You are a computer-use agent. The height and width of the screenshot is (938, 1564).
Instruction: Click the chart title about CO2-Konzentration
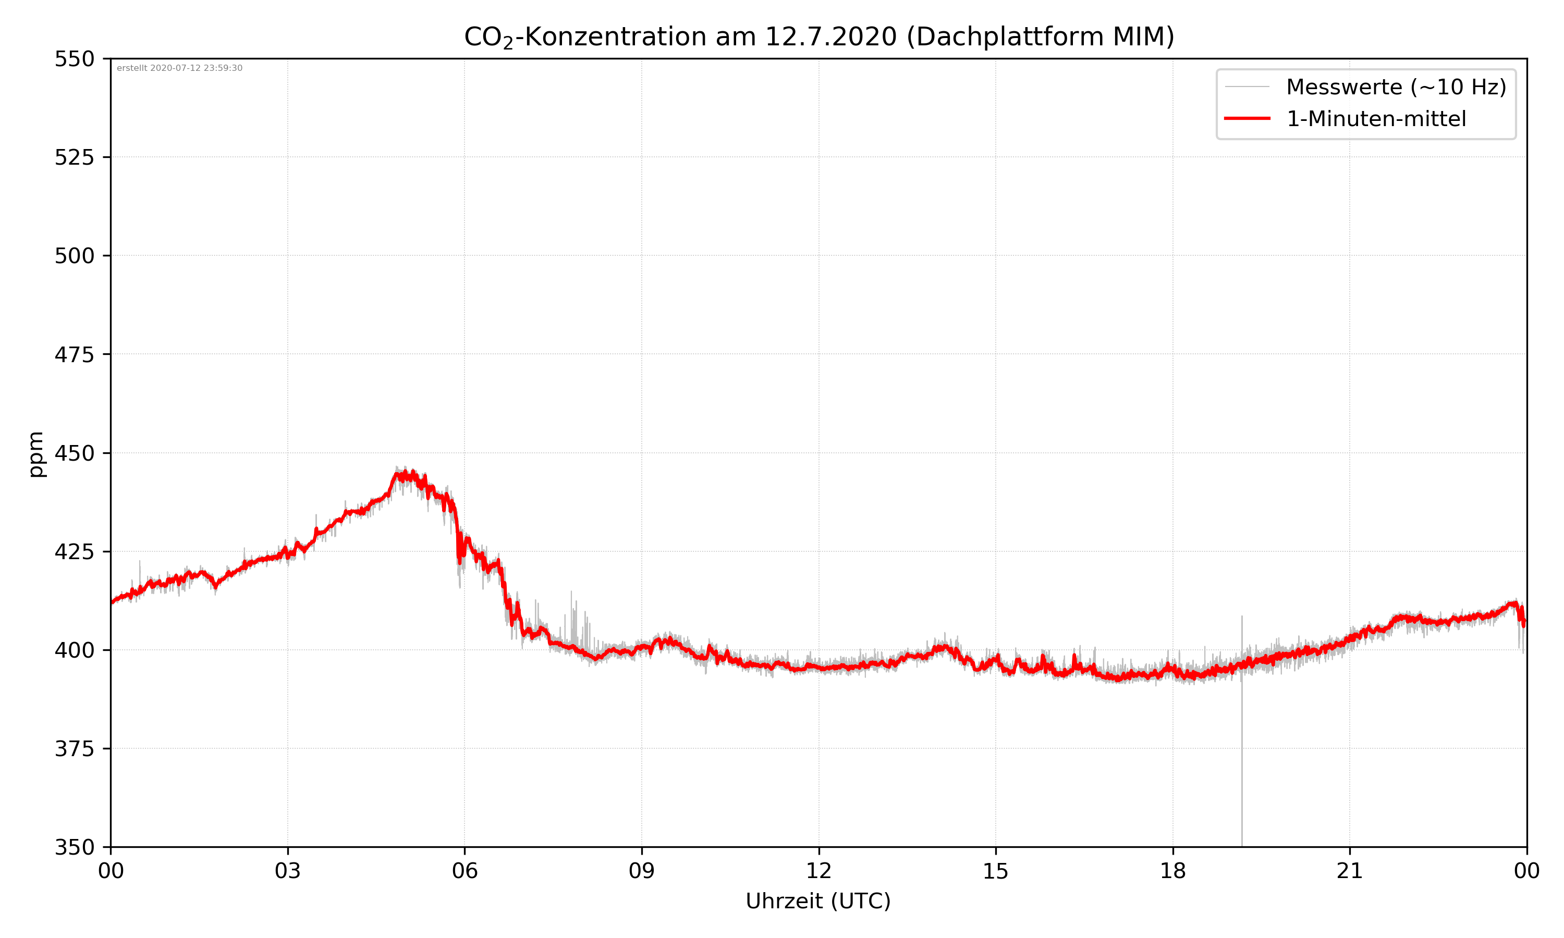pos(818,36)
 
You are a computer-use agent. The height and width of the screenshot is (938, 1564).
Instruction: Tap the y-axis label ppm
pos(36,454)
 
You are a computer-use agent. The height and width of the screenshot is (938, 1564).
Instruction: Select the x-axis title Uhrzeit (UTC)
pos(818,900)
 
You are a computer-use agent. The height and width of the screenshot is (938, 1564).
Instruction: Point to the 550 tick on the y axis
pos(74,59)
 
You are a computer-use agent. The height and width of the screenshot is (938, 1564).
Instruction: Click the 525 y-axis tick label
pos(74,157)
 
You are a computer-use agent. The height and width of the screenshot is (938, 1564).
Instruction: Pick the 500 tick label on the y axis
pos(74,256)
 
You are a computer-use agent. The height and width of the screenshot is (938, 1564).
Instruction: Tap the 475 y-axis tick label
pos(74,354)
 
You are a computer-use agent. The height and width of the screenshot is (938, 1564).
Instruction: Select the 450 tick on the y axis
pos(74,453)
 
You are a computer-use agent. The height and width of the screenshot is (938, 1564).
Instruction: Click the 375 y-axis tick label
pos(74,749)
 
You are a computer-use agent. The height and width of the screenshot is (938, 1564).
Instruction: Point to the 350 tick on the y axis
pos(74,848)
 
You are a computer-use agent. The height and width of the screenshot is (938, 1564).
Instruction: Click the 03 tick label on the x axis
pos(288,871)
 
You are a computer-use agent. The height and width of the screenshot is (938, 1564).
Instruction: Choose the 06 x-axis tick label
pos(465,871)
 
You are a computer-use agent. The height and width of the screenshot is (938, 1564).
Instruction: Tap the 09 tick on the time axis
pos(642,871)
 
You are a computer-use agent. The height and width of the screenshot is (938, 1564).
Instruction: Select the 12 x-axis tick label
pos(818,871)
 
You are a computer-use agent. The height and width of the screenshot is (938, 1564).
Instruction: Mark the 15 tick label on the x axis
pos(996,871)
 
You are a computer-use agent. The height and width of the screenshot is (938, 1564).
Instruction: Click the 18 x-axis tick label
pos(1172,871)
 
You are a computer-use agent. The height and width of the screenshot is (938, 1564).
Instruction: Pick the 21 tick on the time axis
pos(1350,871)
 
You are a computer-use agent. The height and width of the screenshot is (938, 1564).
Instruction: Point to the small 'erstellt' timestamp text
pos(179,68)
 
